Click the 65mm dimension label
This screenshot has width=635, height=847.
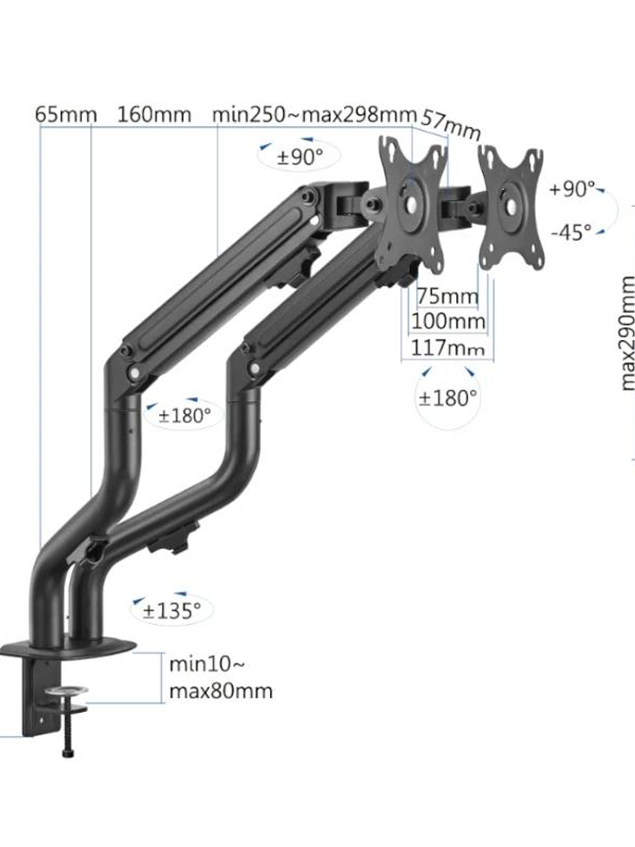(x=66, y=115)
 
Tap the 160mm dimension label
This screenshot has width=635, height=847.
(x=154, y=115)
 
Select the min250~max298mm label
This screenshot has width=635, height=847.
(x=314, y=115)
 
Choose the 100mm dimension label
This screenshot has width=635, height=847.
(x=448, y=322)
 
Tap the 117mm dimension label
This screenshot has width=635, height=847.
(x=448, y=348)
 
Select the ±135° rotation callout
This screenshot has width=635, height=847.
(x=172, y=611)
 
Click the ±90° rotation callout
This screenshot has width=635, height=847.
(x=300, y=157)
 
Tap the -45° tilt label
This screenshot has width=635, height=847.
(x=571, y=232)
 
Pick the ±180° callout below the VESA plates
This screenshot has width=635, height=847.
(x=448, y=398)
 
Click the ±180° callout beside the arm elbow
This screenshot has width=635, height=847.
(x=184, y=415)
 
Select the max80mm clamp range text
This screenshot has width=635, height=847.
(x=221, y=692)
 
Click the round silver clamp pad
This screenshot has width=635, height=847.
(x=67, y=692)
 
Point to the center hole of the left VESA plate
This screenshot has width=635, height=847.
(x=412, y=203)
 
